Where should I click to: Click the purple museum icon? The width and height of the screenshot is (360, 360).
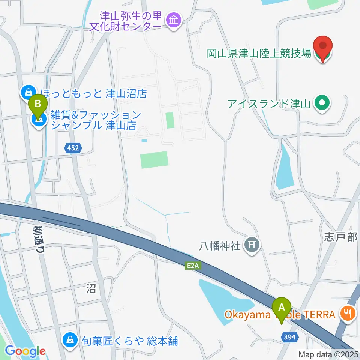pyautogui.click(x=174, y=20)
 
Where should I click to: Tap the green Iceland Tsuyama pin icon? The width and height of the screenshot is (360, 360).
pyautogui.click(x=322, y=102)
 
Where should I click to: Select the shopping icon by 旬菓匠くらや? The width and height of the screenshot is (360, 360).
pyautogui.click(x=70, y=340)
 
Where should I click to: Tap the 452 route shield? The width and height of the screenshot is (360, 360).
pyautogui.click(x=73, y=148)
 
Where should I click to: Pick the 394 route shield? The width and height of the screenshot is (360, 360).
pyautogui.click(x=289, y=337)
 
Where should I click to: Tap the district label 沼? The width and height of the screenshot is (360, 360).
pyautogui.click(x=91, y=288)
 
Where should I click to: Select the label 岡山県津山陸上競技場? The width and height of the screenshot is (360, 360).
pyautogui.click(x=259, y=53)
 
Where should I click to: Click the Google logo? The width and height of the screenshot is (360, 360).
pyautogui.click(x=25, y=351)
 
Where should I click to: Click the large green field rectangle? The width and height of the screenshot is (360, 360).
pyautogui.click(x=154, y=160)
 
